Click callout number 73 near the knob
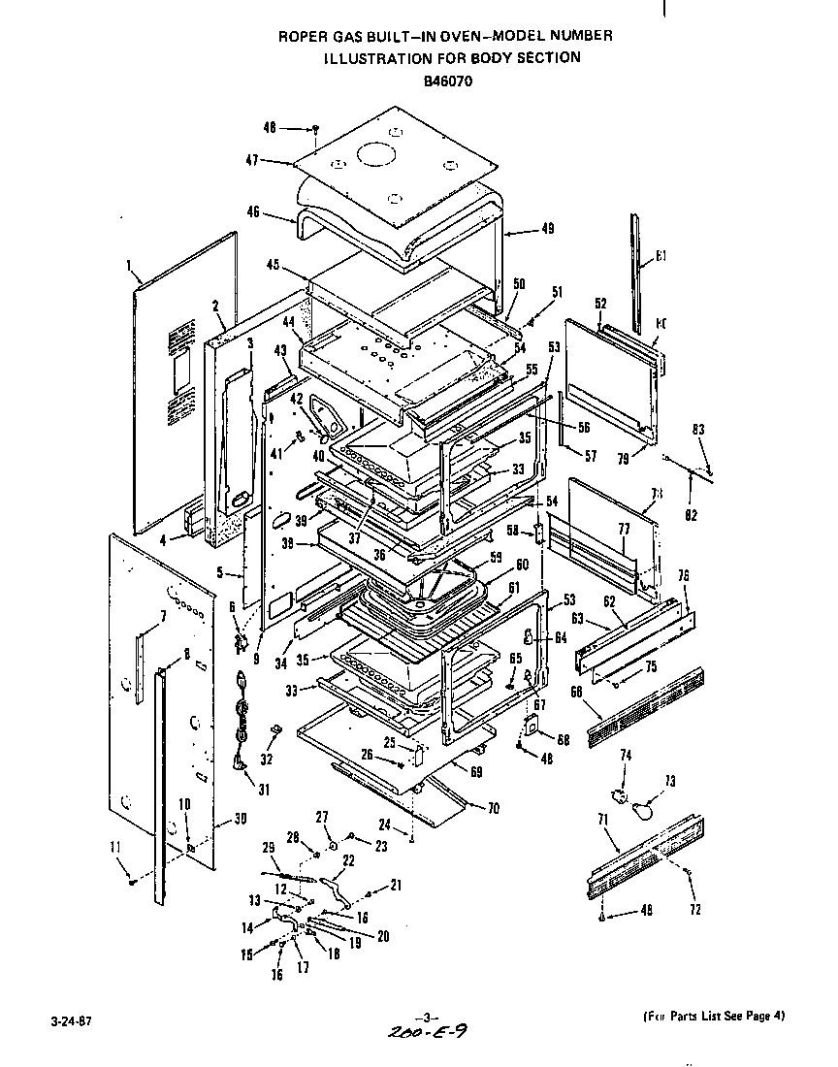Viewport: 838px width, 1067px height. [668, 781]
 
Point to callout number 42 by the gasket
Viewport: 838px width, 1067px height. [298, 397]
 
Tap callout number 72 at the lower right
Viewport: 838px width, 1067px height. [693, 910]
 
